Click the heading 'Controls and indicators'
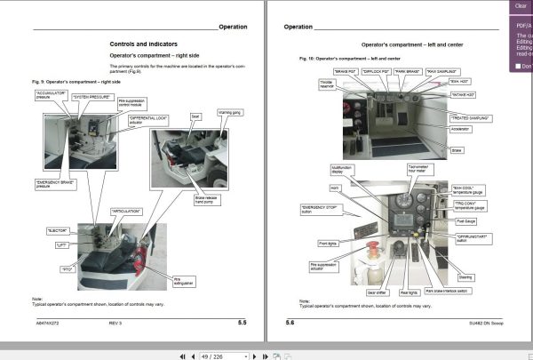[x=143, y=44]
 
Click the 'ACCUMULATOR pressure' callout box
[x=47, y=94]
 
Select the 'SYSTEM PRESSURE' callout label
[x=91, y=95]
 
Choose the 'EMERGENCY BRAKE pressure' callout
[x=56, y=183]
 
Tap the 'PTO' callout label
[x=66, y=268]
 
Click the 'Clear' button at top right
[x=521, y=5]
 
